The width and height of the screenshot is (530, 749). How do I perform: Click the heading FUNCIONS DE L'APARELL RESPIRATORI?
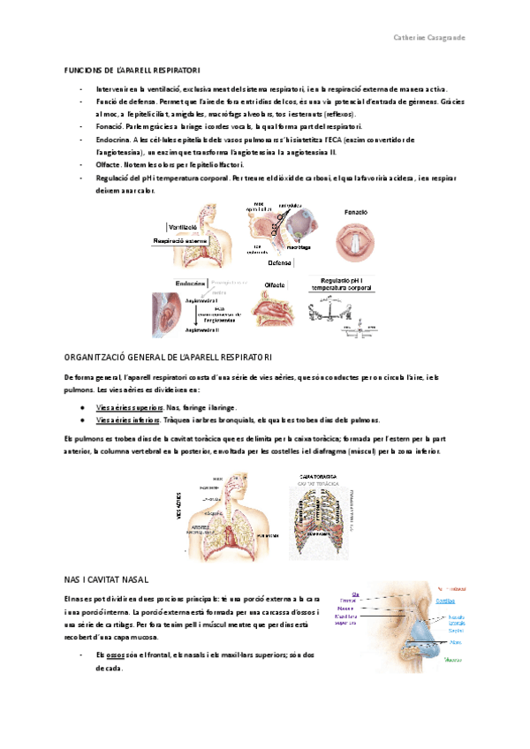tap(133, 70)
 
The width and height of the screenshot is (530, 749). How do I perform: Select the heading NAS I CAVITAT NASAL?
tap(110, 554)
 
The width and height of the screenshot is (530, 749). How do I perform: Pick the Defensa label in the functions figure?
tap(279, 262)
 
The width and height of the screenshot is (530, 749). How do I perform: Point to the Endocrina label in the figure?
tap(190, 283)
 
